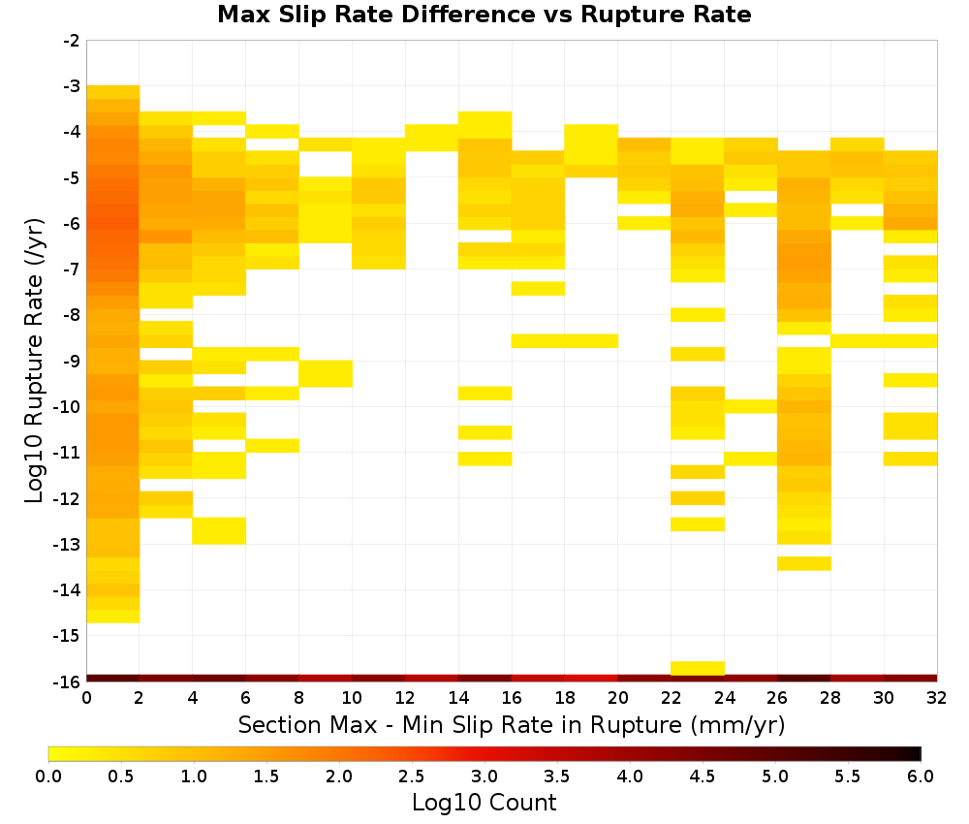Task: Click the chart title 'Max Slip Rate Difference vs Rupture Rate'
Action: [484, 15]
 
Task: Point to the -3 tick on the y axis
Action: [72, 86]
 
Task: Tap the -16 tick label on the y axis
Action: [68, 681]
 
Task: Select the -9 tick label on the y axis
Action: [72, 361]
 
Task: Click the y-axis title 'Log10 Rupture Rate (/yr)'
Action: [34, 361]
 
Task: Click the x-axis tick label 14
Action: [458, 698]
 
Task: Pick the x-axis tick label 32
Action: [937, 698]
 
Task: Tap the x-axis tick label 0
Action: [86, 698]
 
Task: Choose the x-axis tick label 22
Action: [672, 698]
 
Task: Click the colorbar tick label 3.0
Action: [484, 776]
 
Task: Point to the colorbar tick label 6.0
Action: [921, 776]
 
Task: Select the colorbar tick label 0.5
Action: [120, 776]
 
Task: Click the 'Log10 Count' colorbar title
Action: [484, 803]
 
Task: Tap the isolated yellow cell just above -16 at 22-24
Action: [698, 668]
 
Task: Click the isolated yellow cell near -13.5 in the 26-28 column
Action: [804, 563]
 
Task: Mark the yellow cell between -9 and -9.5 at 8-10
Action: [326, 373]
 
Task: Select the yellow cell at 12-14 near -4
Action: [432, 138]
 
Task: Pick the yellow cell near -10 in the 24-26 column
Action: [751, 406]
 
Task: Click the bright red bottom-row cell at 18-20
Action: [591, 679]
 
